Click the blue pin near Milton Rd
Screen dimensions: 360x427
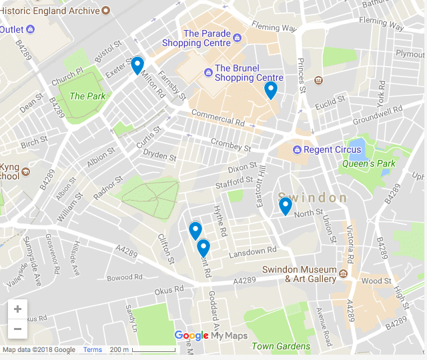coord(137,65)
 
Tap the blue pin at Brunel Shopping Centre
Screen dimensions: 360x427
coord(270,89)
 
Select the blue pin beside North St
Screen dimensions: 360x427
coord(285,205)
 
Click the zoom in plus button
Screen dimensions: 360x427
coord(17,309)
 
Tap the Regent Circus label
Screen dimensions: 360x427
coord(332,149)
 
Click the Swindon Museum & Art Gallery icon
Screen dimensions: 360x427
coord(343,273)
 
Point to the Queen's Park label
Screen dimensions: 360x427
coord(369,163)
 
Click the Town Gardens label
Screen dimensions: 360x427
coord(280,346)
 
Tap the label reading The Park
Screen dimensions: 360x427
coord(87,96)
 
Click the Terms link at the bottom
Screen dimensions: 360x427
coord(93,350)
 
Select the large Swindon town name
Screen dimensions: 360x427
coord(313,198)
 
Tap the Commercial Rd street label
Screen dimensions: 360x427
coord(218,118)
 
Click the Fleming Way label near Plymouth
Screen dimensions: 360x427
coord(381,24)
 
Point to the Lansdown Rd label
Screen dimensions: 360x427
coord(252,253)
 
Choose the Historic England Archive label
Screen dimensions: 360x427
coord(50,11)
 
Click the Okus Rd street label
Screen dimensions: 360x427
coord(169,290)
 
